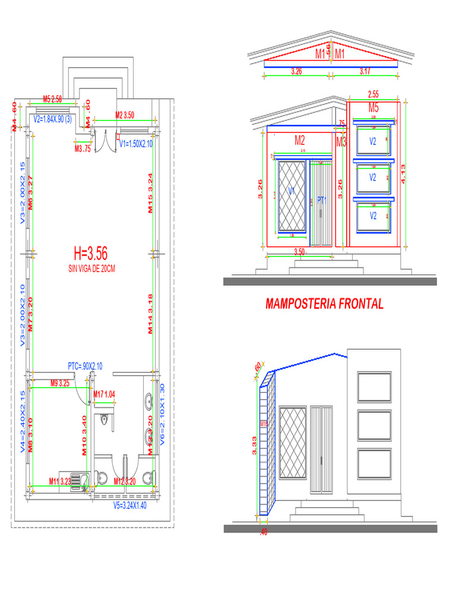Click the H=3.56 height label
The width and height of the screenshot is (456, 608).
point(90,254)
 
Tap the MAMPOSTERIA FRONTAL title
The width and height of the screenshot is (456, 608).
point(324,304)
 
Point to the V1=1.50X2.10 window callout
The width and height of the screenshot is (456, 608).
point(136,144)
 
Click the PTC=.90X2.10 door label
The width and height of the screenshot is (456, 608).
point(85,366)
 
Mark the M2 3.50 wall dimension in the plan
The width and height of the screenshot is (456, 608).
point(125,115)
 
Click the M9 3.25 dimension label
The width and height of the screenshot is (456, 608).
point(60,383)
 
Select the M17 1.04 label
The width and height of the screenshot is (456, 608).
point(104,394)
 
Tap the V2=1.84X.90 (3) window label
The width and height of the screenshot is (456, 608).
point(53,119)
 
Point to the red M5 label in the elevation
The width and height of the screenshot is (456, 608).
point(373,107)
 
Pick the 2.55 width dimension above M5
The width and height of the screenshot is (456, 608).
point(373,94)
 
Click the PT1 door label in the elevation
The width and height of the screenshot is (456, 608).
point(322,201)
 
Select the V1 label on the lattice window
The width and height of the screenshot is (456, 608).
point(292,191)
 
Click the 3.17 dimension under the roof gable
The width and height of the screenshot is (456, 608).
point(365,71)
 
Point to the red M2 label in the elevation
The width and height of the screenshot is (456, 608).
point(300,141)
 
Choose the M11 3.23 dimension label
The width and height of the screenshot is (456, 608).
point(60,481)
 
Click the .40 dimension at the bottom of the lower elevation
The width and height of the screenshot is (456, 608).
point(264,532)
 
